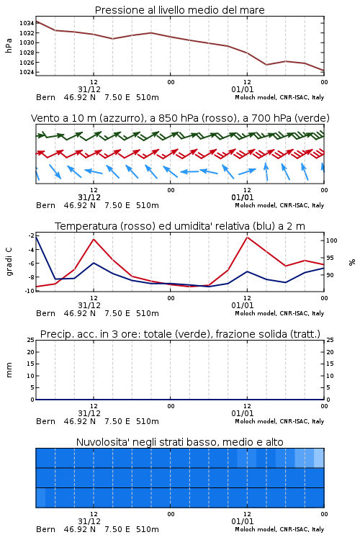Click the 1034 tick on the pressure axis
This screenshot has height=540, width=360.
coord(27,24)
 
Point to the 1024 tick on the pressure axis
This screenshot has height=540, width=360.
coord(27,72)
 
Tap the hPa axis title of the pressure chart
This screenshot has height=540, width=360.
coord(9,46)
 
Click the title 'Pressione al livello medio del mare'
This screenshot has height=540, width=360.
coord(180,10)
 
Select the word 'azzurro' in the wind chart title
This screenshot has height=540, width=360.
coord(120,118)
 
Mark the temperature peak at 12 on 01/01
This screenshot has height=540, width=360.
coord(248,237)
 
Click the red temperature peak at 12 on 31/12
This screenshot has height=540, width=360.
coord(94,239)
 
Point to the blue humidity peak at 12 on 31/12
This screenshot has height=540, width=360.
coord(94,263)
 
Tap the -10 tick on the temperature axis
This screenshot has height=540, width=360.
coord(30,291)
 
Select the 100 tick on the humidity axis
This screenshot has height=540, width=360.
coord(332,240)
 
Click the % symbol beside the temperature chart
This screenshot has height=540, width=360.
coord(352,262)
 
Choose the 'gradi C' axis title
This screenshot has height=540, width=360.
coord(9,262)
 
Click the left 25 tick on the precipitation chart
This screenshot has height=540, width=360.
coord(31,341)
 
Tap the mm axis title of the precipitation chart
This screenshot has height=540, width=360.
coord(9,370)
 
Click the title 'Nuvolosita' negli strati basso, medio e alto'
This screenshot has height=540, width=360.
coord(180,442)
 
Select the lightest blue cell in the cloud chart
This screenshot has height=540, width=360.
coord(319,458)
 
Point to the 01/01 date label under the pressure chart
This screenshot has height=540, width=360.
coord(243,89)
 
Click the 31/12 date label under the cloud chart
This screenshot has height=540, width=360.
coord(89,521)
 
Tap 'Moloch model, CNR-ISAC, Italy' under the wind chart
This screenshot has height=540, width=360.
coord(279,205)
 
